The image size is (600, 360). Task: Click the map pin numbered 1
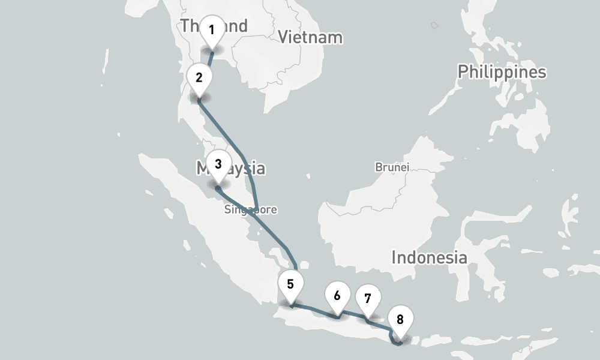211,31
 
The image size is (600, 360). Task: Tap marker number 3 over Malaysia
218,164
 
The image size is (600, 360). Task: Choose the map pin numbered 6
337,296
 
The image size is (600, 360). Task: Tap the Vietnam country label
310,37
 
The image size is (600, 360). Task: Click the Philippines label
502,72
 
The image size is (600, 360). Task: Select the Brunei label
392,167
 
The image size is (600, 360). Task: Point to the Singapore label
251,209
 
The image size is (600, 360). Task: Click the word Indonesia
429,258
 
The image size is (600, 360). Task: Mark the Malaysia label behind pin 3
247,168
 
